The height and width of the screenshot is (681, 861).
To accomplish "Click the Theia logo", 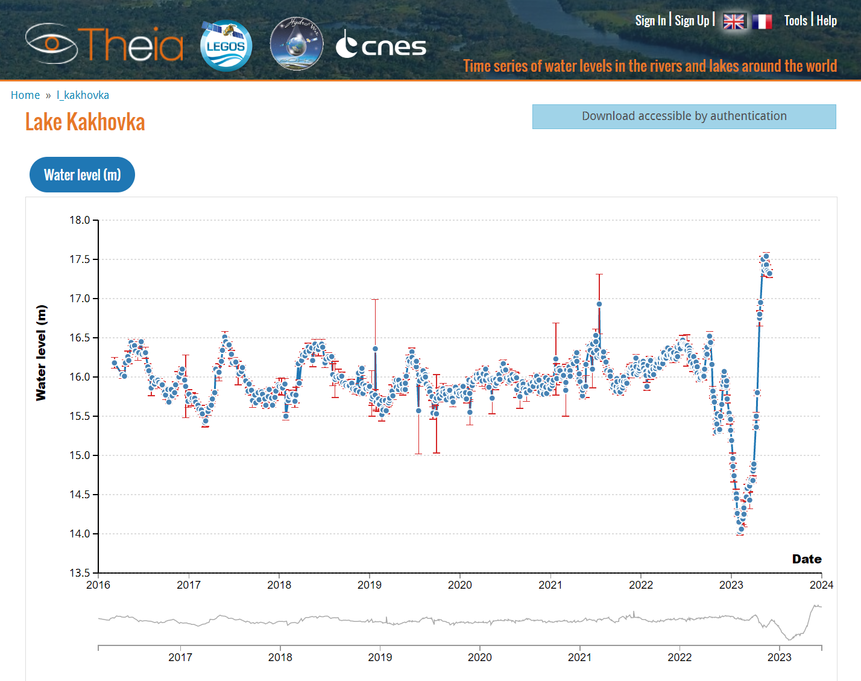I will [x=104, y=43].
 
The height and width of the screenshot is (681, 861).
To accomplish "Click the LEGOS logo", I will [x=226, y=46].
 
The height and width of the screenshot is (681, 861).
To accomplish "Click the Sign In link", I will [x=650, y=21].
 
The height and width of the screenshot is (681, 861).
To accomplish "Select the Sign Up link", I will [x=692, y=21].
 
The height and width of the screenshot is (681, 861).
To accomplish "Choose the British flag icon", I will [x=734, y=22].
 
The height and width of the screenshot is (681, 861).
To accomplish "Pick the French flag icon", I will [x=762, y=22].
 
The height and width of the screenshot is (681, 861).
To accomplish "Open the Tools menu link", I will [x=795, y=21].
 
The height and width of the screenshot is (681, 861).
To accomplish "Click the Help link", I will [x=827, y=21].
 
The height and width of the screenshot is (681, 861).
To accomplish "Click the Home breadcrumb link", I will [x=25, y=95].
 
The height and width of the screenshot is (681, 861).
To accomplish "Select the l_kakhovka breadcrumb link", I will [x=83, y=95].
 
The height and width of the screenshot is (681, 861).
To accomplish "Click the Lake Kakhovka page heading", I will [x=85, y=122].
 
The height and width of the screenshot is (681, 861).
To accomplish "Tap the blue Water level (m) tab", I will [x=82, y=175].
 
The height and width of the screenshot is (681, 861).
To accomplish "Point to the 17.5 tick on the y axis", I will [x=80, y=259].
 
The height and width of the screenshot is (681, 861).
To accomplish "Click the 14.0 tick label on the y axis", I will [x=80, y=534].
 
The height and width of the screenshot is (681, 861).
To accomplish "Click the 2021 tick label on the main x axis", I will [x=550, y=585].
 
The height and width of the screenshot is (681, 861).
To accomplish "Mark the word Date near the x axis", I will [x=806, y=559].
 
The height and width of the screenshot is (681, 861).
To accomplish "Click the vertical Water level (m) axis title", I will [x=41, y=353].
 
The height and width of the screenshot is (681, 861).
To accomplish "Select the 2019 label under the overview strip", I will [x=380, y=657].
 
